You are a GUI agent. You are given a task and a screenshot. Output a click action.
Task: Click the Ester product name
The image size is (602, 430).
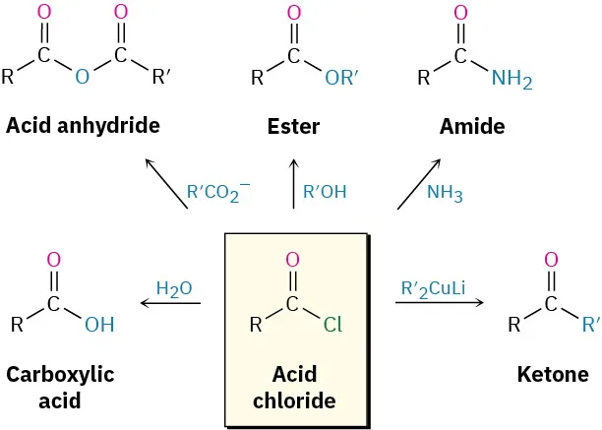pyautogui.click(x=293, y=127)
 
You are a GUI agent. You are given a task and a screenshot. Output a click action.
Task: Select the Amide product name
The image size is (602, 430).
pyautogui.click(x=471, y=127)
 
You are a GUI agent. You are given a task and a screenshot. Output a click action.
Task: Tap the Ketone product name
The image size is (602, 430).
pyautogui.click(x=552, y=375)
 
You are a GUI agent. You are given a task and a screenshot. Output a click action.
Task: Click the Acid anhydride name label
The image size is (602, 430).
pyautogui.click(x=83, y=126)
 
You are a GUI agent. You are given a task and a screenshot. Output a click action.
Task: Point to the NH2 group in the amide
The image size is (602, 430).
pyautogui.click(x=511, y=80)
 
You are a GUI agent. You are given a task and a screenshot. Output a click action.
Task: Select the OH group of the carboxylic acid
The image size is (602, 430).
pyautogui.click(x=99, y=325)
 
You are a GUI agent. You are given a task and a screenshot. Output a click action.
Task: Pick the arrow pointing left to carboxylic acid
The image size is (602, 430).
pyautogui.click(x=171, y=304)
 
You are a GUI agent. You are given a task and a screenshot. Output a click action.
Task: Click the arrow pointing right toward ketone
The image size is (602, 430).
pyautogui.click(x=440, y=304)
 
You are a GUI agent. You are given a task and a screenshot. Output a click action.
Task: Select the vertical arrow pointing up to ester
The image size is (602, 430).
pyautogui.click(x=293, y=186)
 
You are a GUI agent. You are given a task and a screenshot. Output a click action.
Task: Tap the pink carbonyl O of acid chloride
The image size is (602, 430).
pyautogui.click(x=292, y=260)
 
